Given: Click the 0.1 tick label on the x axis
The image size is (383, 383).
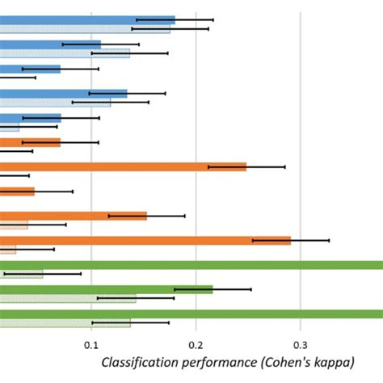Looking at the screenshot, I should coord(90,344).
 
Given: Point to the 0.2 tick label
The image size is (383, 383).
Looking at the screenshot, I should coord(196,344).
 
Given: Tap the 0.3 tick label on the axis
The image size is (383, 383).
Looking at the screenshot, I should coord(301,344).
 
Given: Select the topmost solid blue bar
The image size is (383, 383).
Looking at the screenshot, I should coord(87,19).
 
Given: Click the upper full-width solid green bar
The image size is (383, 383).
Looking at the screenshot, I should coord(191,264).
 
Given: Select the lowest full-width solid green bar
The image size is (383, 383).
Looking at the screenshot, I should coord(191,314).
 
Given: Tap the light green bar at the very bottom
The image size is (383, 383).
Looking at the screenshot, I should coord(65,322).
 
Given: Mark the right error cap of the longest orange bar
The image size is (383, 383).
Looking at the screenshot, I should coord(329,240).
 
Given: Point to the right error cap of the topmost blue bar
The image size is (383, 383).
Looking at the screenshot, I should coord(213,19).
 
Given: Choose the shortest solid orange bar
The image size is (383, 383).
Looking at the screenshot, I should coord(18,191).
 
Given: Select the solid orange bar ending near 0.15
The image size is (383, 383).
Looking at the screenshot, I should coord(73,216).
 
